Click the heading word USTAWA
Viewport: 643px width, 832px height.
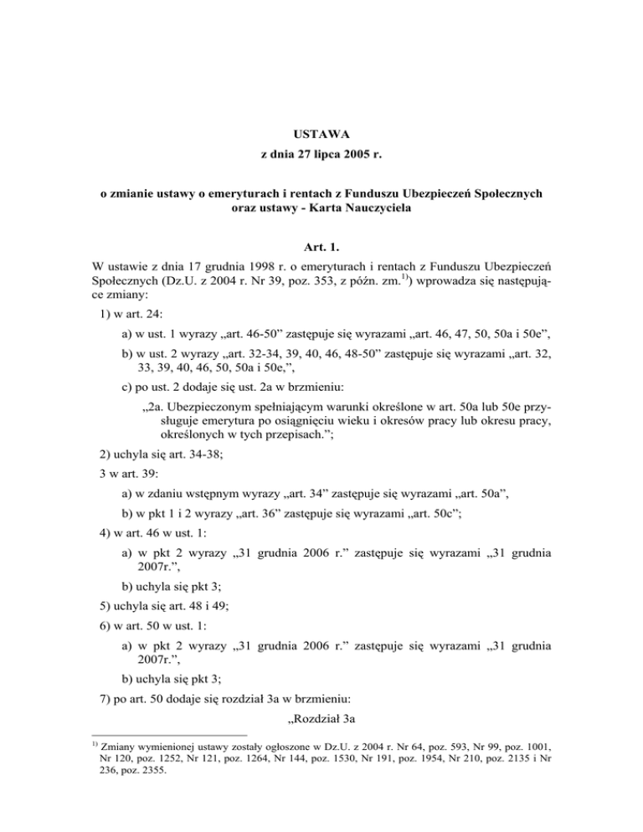321,133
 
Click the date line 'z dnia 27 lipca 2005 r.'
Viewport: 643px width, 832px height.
321,156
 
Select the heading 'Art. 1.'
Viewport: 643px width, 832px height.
321,247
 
